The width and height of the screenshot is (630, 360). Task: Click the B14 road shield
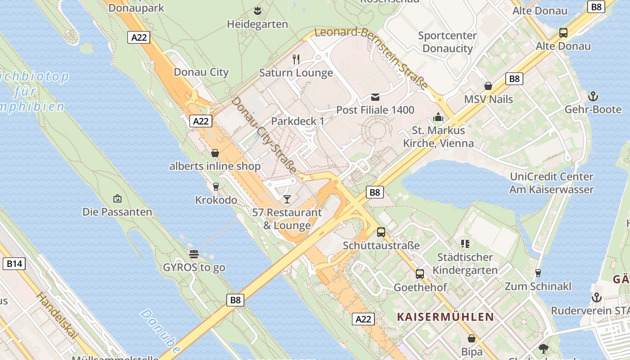14,263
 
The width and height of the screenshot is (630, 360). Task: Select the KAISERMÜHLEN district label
445,317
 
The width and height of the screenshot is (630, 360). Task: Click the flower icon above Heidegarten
257,10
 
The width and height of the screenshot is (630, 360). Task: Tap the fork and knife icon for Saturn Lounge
296,59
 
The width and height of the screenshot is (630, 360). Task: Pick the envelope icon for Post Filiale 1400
375,97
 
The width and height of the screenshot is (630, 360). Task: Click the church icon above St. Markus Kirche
438,117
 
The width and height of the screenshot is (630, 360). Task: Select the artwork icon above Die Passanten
117,198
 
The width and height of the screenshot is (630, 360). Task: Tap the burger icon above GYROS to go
194,254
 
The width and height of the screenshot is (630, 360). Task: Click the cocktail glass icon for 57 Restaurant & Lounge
287,199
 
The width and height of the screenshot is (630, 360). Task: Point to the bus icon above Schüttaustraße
381,232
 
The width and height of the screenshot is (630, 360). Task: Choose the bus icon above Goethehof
420,274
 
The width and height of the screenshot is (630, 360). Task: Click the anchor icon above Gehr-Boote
593,96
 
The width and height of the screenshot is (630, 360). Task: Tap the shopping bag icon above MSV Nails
488,86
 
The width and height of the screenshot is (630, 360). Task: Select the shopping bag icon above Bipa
472,338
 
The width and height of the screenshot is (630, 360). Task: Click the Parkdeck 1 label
297,121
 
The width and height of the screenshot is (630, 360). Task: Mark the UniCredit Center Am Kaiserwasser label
551,183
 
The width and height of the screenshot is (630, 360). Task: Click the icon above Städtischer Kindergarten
465,244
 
